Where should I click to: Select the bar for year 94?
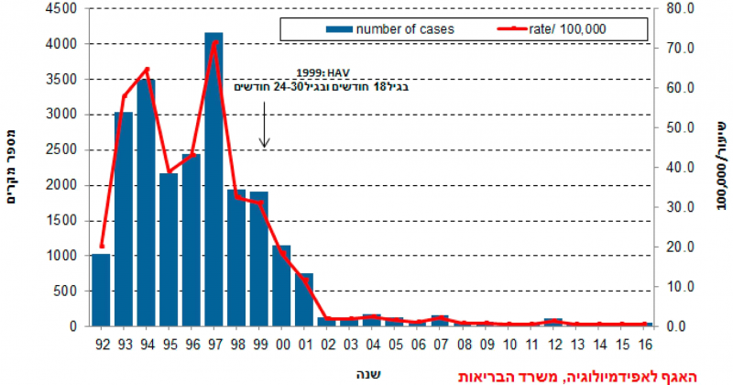[146, 203]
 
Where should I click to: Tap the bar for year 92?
[101, 290]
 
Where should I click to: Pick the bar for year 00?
[281, 285]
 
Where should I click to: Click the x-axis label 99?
[259, 344]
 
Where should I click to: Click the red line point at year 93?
[124, 97]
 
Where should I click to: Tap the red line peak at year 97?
[213, 42]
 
